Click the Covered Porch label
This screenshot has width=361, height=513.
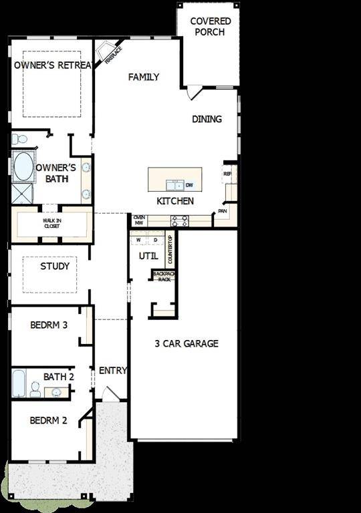211,27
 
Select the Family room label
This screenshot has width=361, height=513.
144,77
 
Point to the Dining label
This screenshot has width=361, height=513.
207,119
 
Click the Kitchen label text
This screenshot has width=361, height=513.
175,201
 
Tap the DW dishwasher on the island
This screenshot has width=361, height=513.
189,185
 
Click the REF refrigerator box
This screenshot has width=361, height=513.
227,174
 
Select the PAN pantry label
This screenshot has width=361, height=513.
221,212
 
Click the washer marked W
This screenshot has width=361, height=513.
138,239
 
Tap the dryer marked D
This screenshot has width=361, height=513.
155,239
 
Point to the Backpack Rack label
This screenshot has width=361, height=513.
163,277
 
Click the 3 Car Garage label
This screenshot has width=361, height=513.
187,344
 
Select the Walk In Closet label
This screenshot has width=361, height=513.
51,223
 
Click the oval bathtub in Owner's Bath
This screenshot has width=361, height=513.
23,167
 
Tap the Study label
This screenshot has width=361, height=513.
55,266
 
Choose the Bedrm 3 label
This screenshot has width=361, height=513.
49,326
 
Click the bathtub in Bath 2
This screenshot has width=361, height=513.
19,383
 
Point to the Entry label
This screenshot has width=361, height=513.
112,371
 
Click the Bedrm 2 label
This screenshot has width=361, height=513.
49,421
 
